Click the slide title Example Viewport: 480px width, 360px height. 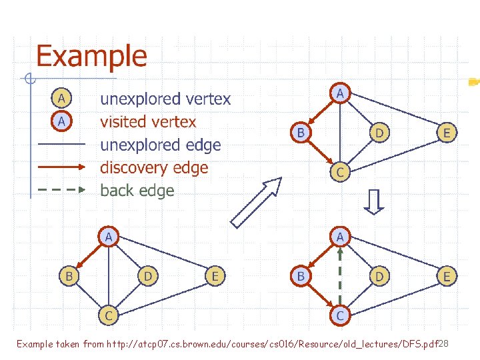coord(91,56)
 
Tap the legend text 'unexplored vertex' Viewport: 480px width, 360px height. coord(165,99)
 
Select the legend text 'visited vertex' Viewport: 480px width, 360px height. coord(148,122)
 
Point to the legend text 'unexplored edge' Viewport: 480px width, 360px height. coord(160,145)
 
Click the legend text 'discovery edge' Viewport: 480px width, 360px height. coord(154,167)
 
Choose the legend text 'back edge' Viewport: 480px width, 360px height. coord(137,190)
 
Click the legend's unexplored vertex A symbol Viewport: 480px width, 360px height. coord(61,99)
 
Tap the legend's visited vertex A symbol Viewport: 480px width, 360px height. coord(61,121)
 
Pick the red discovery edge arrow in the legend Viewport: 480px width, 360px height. coord(60,167)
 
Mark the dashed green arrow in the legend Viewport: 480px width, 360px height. coord(60,189)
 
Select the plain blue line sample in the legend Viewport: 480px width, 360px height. coord(60,144)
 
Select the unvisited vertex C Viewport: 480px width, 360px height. coord(107,313)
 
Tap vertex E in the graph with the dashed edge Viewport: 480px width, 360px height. coord(447,274)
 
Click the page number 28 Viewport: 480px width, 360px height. coord(445,343)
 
